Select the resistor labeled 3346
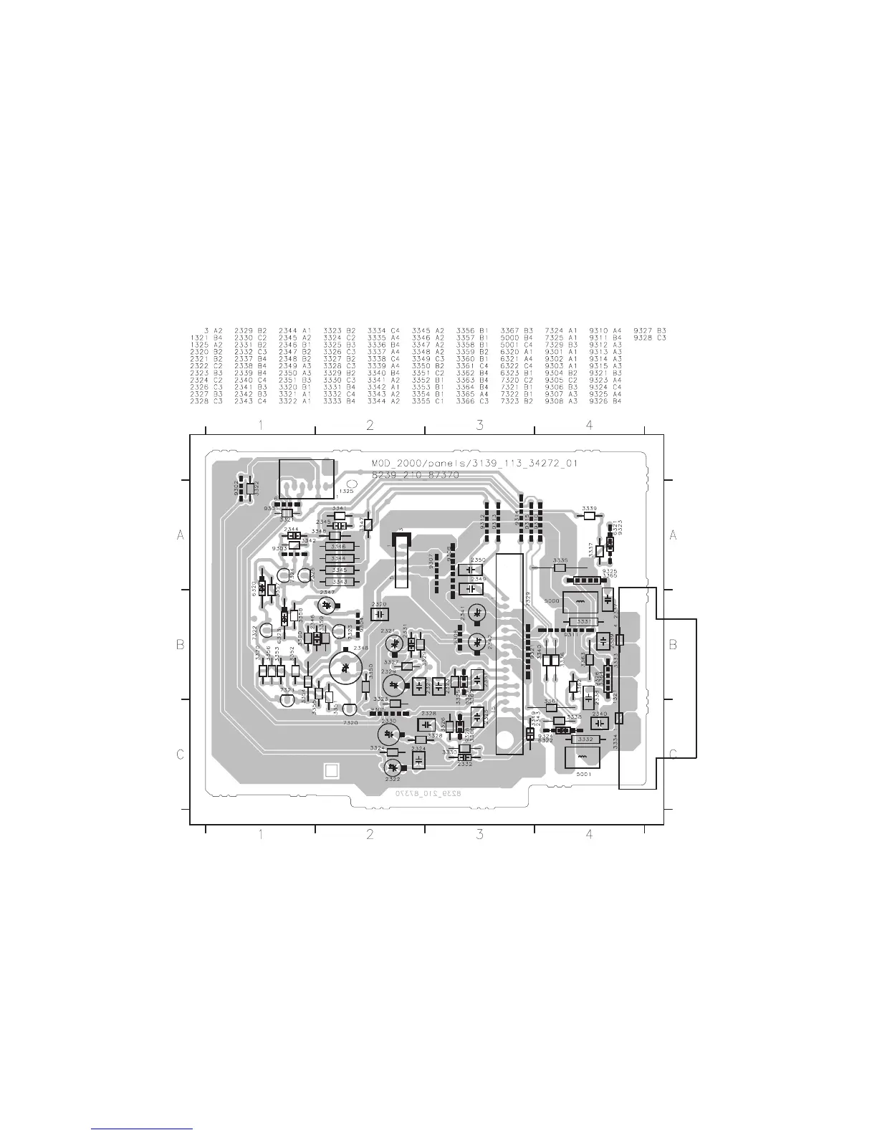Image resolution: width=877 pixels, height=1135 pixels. click(x=340, y=547)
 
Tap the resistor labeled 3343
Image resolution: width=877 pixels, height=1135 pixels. click(x=340, y=581)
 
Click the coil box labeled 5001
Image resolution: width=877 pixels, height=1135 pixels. click(x=582, y=758)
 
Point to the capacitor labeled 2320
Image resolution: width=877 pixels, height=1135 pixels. click(x=379, y=615)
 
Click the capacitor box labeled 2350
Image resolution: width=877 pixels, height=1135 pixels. click(x=471, y=570)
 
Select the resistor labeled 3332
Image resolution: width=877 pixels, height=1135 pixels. click(x=585, y=739)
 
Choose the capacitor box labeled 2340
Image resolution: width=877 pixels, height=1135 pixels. click(x=600, y=723)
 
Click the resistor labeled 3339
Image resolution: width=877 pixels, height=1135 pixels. click(x=590, y=516)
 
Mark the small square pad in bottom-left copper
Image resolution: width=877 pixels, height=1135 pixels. click(x=330, y=770)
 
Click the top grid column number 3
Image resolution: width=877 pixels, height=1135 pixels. click(x=479, y=426)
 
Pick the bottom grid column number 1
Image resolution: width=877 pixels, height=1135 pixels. click(x=260, y=834)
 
